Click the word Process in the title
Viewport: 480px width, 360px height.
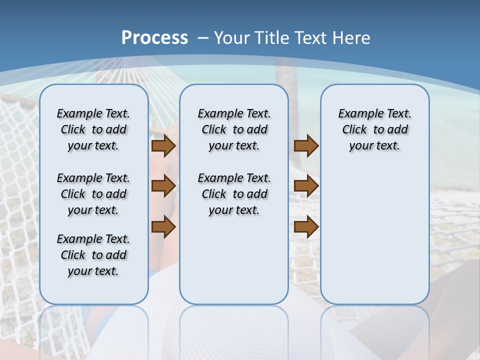[x=154, y=38]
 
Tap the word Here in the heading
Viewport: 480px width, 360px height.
[x=352, y=38]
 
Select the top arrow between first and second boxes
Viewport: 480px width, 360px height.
[x=163, y=145]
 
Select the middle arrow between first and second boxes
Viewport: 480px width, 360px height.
[x=163, y=186]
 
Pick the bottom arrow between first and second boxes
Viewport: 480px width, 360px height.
[x=163, y=226]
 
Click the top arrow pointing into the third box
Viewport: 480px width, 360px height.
[x=306, y=145]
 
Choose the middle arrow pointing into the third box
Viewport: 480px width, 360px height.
[x=306, y=186]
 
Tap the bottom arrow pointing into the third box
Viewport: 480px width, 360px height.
[x=306, y=226]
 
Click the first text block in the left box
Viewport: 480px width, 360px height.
[x=93, y=129]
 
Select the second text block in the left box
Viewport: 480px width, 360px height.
[x=93, y=194]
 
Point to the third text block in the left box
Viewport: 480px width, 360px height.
[x=93, y=255]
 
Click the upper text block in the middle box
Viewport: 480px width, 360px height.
[x=234, y=129]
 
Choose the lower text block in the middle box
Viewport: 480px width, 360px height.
[x=234, y=194]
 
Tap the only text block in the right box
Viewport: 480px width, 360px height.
[x=374, y=129]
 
